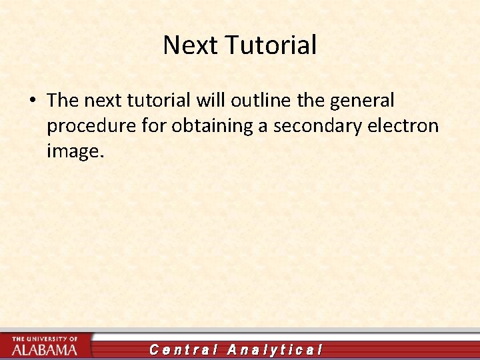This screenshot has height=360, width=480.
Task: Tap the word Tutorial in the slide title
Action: click(270, 45)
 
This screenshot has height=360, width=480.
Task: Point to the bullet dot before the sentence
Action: click(32, 101)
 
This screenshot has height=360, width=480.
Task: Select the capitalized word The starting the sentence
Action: click(63, 101)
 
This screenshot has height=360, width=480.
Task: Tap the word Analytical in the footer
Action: click(275, 349)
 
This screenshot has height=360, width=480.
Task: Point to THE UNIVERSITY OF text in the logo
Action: click(45, 339)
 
